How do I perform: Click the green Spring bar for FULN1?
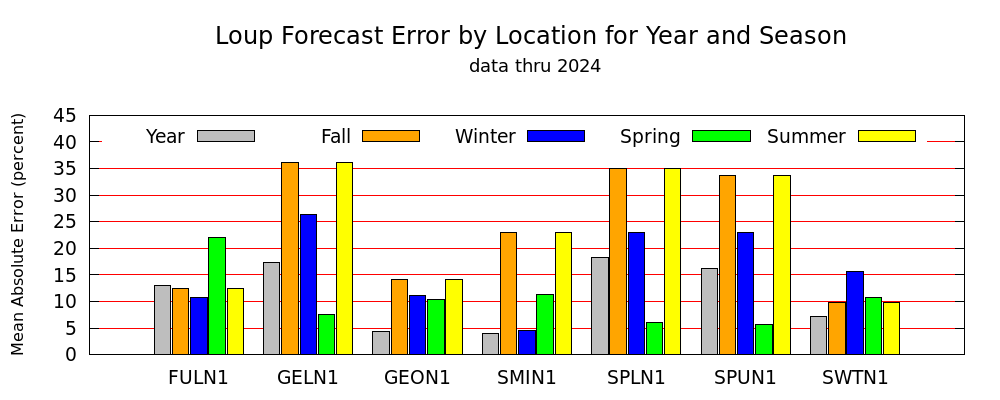[x=217, y=295]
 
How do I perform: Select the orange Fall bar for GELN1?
[x=290, y=258]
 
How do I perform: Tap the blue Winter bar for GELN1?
[x=308, y=284]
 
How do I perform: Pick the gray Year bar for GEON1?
[x=381, y=343]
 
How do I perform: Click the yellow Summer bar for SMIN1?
[x=563, y=293]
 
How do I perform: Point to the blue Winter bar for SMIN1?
[x=527, y=342]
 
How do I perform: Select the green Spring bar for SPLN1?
[x=654, y=338]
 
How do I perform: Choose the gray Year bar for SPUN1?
[x=709, y=311]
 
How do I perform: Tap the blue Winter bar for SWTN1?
[x=855, y=313]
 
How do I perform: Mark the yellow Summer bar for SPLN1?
[x=672, y=261]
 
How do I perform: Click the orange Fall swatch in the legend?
[x=391, y=136]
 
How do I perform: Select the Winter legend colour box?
[x=556, y=136]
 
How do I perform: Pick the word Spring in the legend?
[x=650, y=137]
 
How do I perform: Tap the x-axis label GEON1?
[x=417, y=378]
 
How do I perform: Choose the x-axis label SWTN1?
[x=855, y=378]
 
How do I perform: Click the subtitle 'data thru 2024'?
[x=534, y=66]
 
